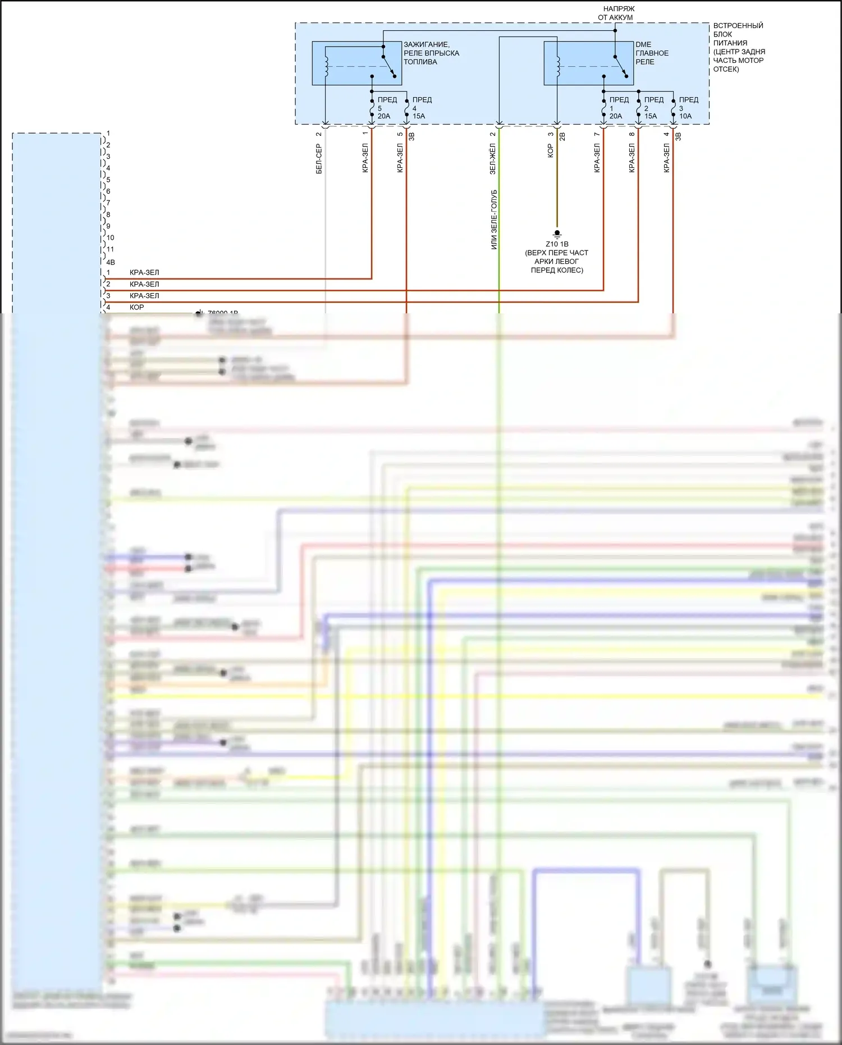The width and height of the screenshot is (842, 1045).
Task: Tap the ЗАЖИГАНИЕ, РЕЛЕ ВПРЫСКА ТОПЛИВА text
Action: pos(431,53)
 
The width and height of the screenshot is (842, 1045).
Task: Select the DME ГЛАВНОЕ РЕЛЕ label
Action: pos(652,53)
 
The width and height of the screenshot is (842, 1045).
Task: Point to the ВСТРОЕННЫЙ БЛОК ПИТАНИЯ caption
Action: pos(738,47)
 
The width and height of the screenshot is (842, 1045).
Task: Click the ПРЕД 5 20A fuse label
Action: pos(386,108)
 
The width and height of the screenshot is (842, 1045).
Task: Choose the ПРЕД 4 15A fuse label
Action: pos(420,108)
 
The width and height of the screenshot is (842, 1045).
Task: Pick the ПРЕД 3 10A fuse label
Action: pos(687,108)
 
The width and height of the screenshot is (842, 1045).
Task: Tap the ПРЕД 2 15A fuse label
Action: pos(652,108)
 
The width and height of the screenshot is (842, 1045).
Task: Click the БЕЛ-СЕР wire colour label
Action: pos(318,159)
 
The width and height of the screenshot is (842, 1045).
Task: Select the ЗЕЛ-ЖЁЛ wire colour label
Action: pos(492,159)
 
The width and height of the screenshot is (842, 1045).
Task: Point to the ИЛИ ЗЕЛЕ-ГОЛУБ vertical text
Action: pos(494,220)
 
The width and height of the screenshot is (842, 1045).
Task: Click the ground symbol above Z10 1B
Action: pos(557,233)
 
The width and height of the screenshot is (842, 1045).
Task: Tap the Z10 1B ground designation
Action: pos(557,244)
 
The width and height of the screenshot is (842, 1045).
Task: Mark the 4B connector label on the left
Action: pos(111,262)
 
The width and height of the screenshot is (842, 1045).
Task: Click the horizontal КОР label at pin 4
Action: pos(136,307)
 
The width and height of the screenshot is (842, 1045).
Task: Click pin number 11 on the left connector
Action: pos(110,249)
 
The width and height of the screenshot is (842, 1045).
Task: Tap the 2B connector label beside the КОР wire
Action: pos(562,136)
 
